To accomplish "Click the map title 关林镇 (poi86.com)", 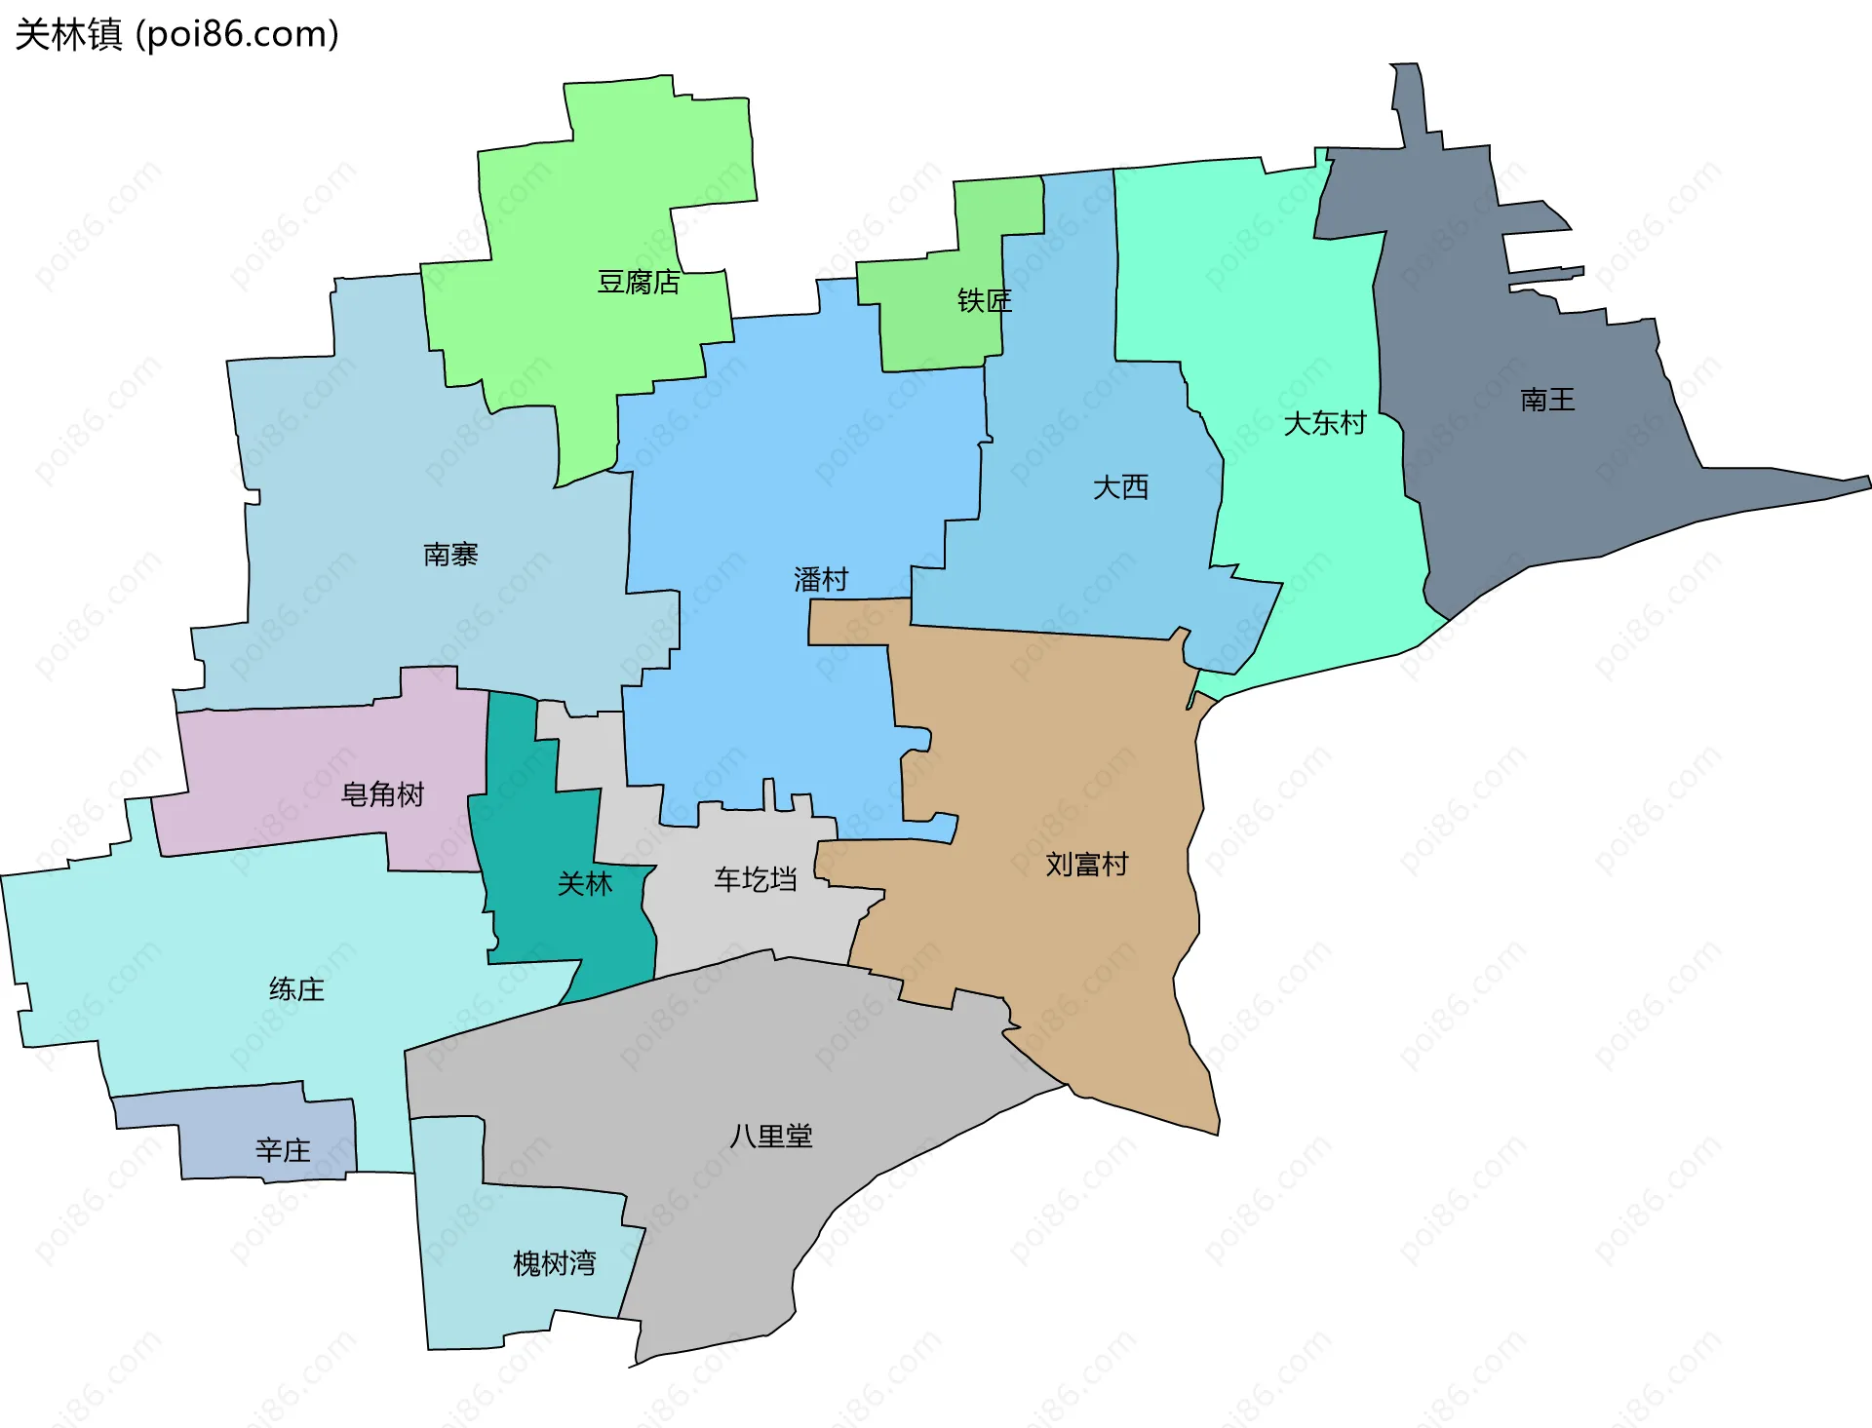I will click(176, 34).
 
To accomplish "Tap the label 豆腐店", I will click(639, 283).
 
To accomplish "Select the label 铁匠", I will click(984, 301).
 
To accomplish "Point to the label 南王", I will click(1547, 400).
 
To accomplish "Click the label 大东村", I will click(1324, 424).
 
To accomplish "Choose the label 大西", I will click(1120, 487).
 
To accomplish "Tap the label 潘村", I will click(821, 580).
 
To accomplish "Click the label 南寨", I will click(450, 555).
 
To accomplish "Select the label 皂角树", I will click(382, 794).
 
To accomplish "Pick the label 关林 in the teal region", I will click(584, 884).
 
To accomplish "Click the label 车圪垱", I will click(756, 880).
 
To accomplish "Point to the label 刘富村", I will click(1086, 865).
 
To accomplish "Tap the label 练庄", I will click(296, 989).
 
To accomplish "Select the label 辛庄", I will click(283, 1150).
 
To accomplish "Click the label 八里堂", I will click(771, 1136).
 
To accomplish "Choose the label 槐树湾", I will click(554, 1263).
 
